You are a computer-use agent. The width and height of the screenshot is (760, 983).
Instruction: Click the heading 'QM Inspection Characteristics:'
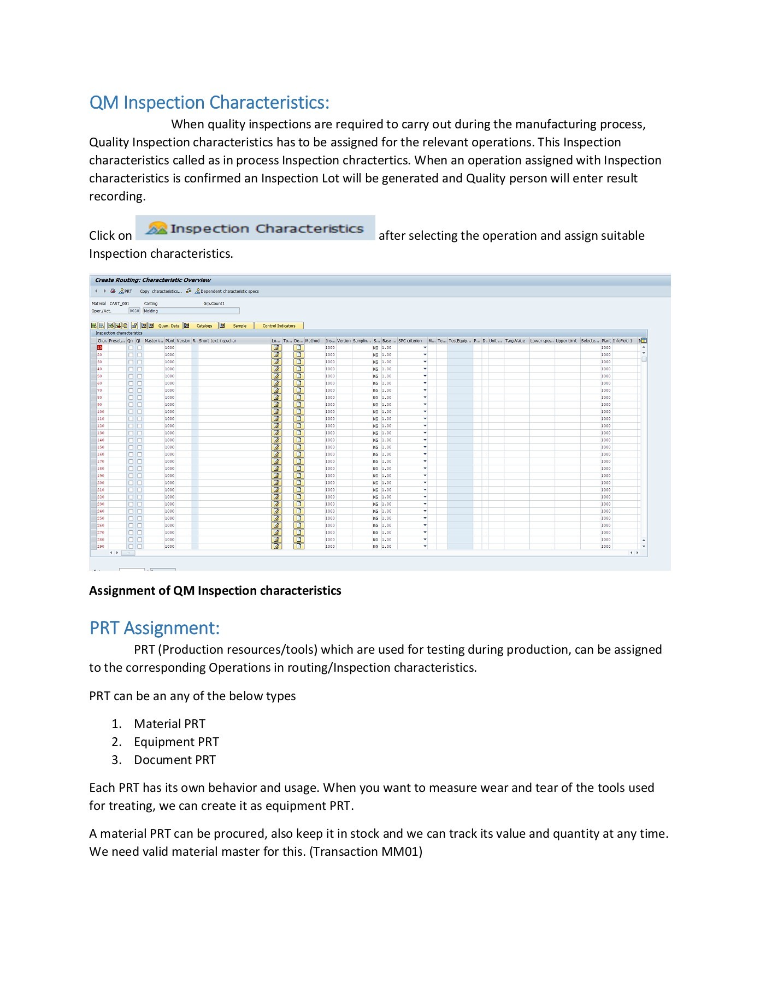pyautogui.click(x=209, y=103)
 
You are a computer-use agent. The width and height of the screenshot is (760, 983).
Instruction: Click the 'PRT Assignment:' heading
pyautogui.click(x=155, y=628)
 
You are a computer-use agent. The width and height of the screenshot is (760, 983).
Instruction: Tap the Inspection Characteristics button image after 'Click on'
pyautogui.click(x=255, y=228)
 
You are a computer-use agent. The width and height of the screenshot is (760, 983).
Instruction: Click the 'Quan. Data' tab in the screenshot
pyautogui.click(x=168, y=326)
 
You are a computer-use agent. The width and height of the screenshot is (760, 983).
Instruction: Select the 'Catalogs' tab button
pyautogui.click(x=204, y=326)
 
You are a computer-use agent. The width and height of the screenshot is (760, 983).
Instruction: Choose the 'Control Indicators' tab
pyautogui.click(x=279, y=326)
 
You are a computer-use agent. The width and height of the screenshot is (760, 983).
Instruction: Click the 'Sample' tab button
pyautogui.click(x=239, y=326)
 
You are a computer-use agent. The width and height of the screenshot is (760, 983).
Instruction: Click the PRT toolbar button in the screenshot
pyautogui.click(x=126, y=292)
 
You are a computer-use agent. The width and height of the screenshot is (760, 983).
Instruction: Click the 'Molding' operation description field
pyautogui.click(x=191, y=311)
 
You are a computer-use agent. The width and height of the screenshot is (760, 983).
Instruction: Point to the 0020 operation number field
pyautogui.click(x=134, y=311)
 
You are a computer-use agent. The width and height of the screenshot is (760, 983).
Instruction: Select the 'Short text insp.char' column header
pyautogui.click(x=217, y=341)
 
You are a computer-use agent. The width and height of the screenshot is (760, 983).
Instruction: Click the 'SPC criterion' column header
pyautogui.click(x=410, y=341)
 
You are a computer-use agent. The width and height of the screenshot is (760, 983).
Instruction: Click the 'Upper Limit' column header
pyautogui.click(x=566, y=341)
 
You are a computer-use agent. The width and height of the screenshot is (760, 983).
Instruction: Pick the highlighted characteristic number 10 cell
pyautogui.click(x=100, y=348)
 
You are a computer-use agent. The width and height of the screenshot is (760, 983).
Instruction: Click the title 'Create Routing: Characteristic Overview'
pyautogui.click(x=152, y=280)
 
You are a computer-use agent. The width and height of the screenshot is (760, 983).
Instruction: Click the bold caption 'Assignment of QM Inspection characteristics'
pyautogui.click(x=215, y=591)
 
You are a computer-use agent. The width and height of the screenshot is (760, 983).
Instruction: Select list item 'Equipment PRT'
pyautogui.click(x=176, y=742)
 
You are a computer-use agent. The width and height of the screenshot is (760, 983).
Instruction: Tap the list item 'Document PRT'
pyautogui.click(x=174, y=760)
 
